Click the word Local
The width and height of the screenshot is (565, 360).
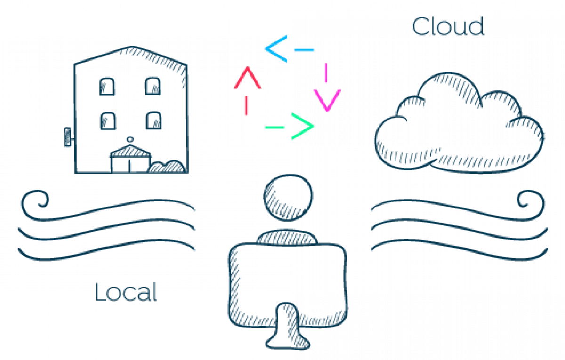[x=125, y=292]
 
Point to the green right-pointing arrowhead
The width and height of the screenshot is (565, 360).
[x=303, y=127]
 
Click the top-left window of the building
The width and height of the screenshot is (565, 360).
[x=107, y=86]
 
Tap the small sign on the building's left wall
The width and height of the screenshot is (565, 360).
[x=68, y=136]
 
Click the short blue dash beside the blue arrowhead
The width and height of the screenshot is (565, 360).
[x=304, y=49]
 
